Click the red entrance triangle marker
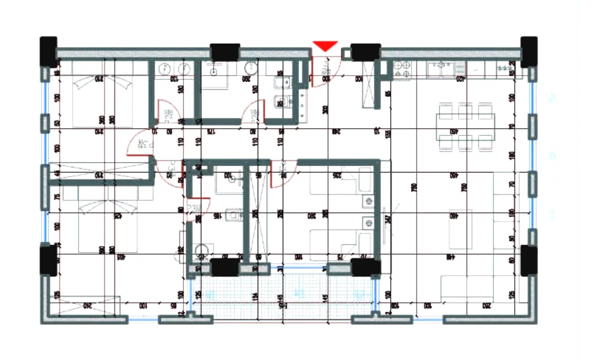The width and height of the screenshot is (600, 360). click(x=325, y=46)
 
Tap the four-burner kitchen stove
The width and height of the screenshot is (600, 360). click(x=402, y=69)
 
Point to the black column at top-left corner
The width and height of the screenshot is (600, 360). click(x=48, y=50)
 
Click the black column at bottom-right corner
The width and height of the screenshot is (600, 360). click(x=529, y=260)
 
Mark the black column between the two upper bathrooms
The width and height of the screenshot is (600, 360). click(x=225, y=52)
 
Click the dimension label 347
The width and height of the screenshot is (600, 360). click(x=387, y=218)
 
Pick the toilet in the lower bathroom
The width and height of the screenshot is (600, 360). click(x=233, y=215)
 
